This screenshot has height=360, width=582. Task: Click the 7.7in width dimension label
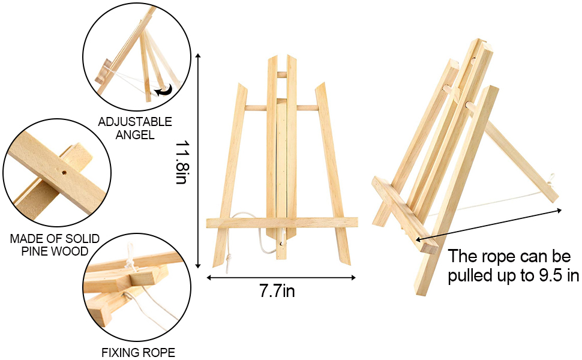click(x=277, y=290)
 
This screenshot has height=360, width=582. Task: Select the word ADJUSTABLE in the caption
click(x=135, y=122)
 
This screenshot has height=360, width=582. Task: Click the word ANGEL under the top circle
click(x=135, y=135)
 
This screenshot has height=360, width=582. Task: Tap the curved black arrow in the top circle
click(x=164, y=90)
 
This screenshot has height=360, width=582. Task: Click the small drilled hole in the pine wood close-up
click(x=64, y=173)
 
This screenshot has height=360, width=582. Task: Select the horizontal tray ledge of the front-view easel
click(x=282, y=223)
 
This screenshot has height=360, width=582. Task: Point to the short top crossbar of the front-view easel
click(x=282, y=74)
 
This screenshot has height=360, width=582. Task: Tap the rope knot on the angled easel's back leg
click(x=551, y=180)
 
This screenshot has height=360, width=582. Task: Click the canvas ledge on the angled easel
click(x=404, y=215)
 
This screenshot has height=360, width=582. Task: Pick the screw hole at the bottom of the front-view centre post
click(x=281, y=244)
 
